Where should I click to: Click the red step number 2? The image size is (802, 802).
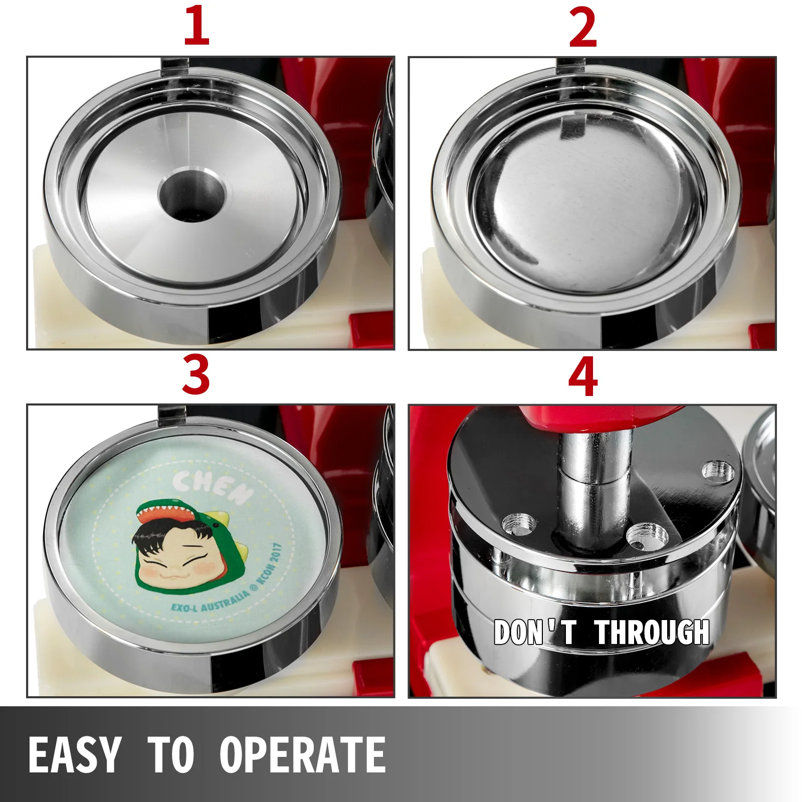coord(583,28)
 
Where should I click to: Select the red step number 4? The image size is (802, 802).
coord(583,376)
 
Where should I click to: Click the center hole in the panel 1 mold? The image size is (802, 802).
coord(192,193)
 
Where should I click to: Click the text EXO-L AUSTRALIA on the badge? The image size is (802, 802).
coord(211,603)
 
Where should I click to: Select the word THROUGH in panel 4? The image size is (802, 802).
coord(652,632)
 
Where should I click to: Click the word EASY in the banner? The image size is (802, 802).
coord(75,754)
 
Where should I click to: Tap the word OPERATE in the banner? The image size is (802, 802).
coord(303,754)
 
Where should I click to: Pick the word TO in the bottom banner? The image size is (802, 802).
coord(171,754)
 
